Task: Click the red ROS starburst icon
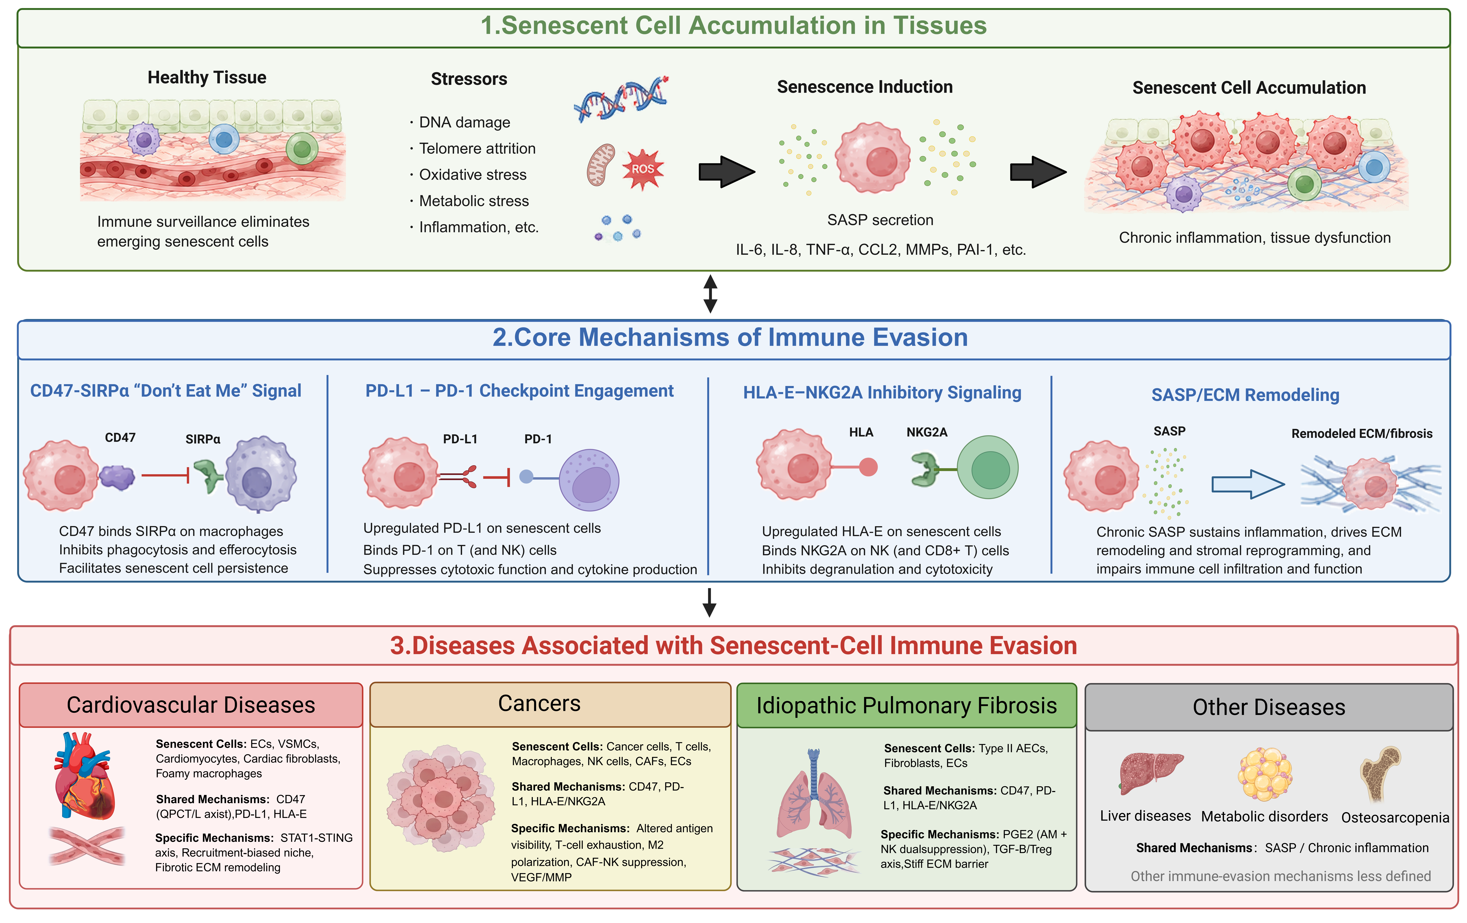[643, 169]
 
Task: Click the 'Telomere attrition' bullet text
[477, 149]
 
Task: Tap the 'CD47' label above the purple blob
[120, 437]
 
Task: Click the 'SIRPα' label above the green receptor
[203, 439]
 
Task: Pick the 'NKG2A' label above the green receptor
[927, 432]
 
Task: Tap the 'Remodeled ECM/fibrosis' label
[1362, 434]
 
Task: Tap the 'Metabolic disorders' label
[1264, 816]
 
